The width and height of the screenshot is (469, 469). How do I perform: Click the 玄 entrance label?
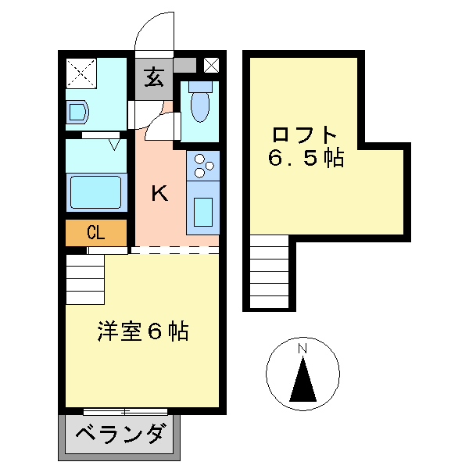point(155,77)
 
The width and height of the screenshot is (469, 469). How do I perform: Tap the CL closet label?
point(96,232)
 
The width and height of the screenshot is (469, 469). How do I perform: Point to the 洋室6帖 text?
point(143,331)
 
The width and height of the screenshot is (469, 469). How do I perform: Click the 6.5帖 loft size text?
point(306,158)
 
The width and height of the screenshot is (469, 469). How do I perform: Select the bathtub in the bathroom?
point(95,192)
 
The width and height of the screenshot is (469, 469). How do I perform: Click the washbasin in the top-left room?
point(79,113)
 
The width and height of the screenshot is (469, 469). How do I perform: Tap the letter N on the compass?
point(303,348)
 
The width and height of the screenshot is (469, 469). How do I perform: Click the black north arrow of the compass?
point(303,380)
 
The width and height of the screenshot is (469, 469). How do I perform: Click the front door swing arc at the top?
point(155,31)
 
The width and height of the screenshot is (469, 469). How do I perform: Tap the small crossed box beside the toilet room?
point(211,66)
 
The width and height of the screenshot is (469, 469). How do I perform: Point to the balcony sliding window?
point(125,411)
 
